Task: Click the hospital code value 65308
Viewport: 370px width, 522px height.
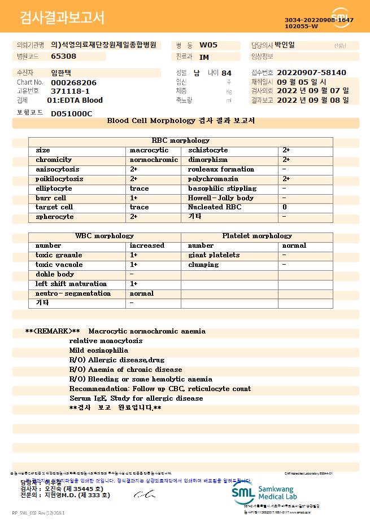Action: click(63, 56)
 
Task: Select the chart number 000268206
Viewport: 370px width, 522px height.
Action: click(73, 82)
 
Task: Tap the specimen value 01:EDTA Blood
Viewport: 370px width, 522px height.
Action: click(75, 100)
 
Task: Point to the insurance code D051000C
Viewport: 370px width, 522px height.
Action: click(71, 113)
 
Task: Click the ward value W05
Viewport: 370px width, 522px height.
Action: click(208, 45)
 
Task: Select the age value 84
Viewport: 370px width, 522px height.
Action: click(227, 73)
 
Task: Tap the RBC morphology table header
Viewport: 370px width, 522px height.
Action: click(181, 141)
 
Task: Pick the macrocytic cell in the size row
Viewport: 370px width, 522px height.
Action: click(149, 150)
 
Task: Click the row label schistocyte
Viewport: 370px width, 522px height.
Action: click(208, 150)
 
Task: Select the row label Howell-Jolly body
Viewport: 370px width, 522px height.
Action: click(221, 198)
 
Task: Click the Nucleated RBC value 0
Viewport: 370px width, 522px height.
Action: click(285, 208)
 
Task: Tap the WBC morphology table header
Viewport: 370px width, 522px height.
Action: click(105, 236)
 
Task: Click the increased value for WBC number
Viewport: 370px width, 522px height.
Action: click(147, 245)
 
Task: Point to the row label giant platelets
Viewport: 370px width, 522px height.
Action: click(214, 255)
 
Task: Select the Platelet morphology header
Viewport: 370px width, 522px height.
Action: click(257, 236)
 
